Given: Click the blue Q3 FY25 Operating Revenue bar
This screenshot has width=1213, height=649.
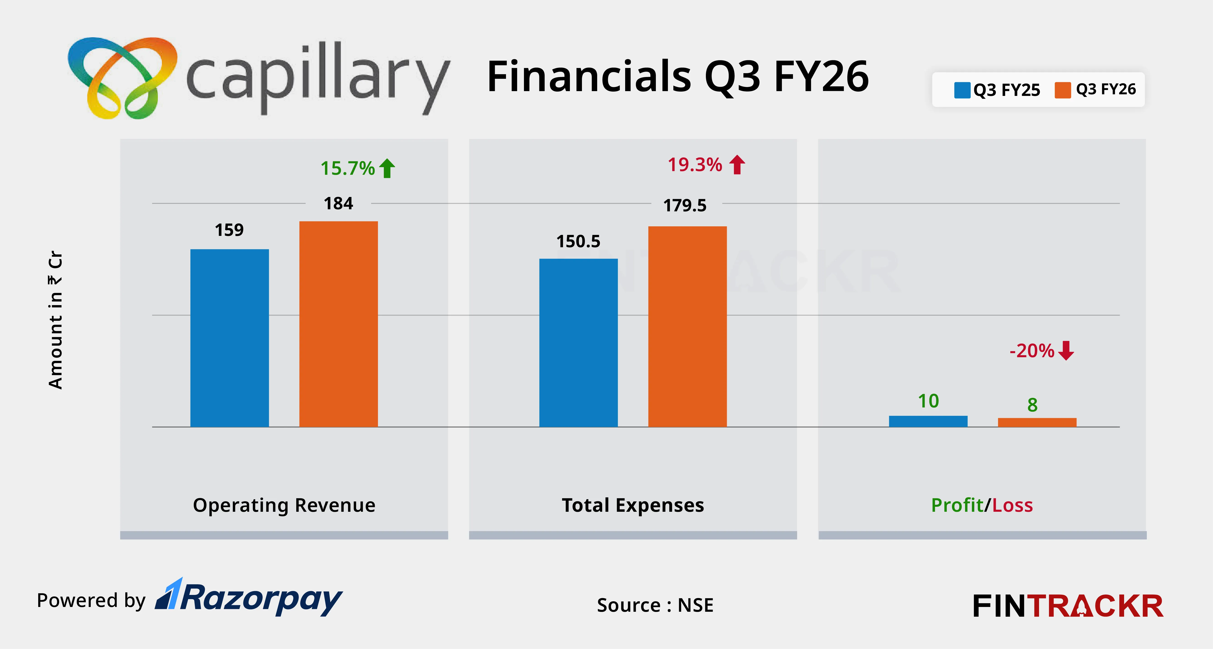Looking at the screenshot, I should (229, 338).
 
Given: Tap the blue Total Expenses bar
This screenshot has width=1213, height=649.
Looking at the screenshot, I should (578, 343).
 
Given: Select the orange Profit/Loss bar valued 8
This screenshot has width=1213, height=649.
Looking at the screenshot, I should (1037, 422).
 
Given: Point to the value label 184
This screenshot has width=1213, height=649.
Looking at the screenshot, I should (338, 203).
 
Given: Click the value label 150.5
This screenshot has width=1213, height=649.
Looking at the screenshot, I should (578, 241).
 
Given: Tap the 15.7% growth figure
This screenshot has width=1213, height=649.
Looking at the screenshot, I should (347, 168).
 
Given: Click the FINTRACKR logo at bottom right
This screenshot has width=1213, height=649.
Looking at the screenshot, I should (1068, 606).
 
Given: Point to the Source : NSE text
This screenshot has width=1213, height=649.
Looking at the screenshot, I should (655, 605).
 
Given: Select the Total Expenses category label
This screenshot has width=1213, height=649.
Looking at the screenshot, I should (633, 505).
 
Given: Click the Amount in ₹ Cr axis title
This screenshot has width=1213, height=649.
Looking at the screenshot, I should (55, 320).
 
